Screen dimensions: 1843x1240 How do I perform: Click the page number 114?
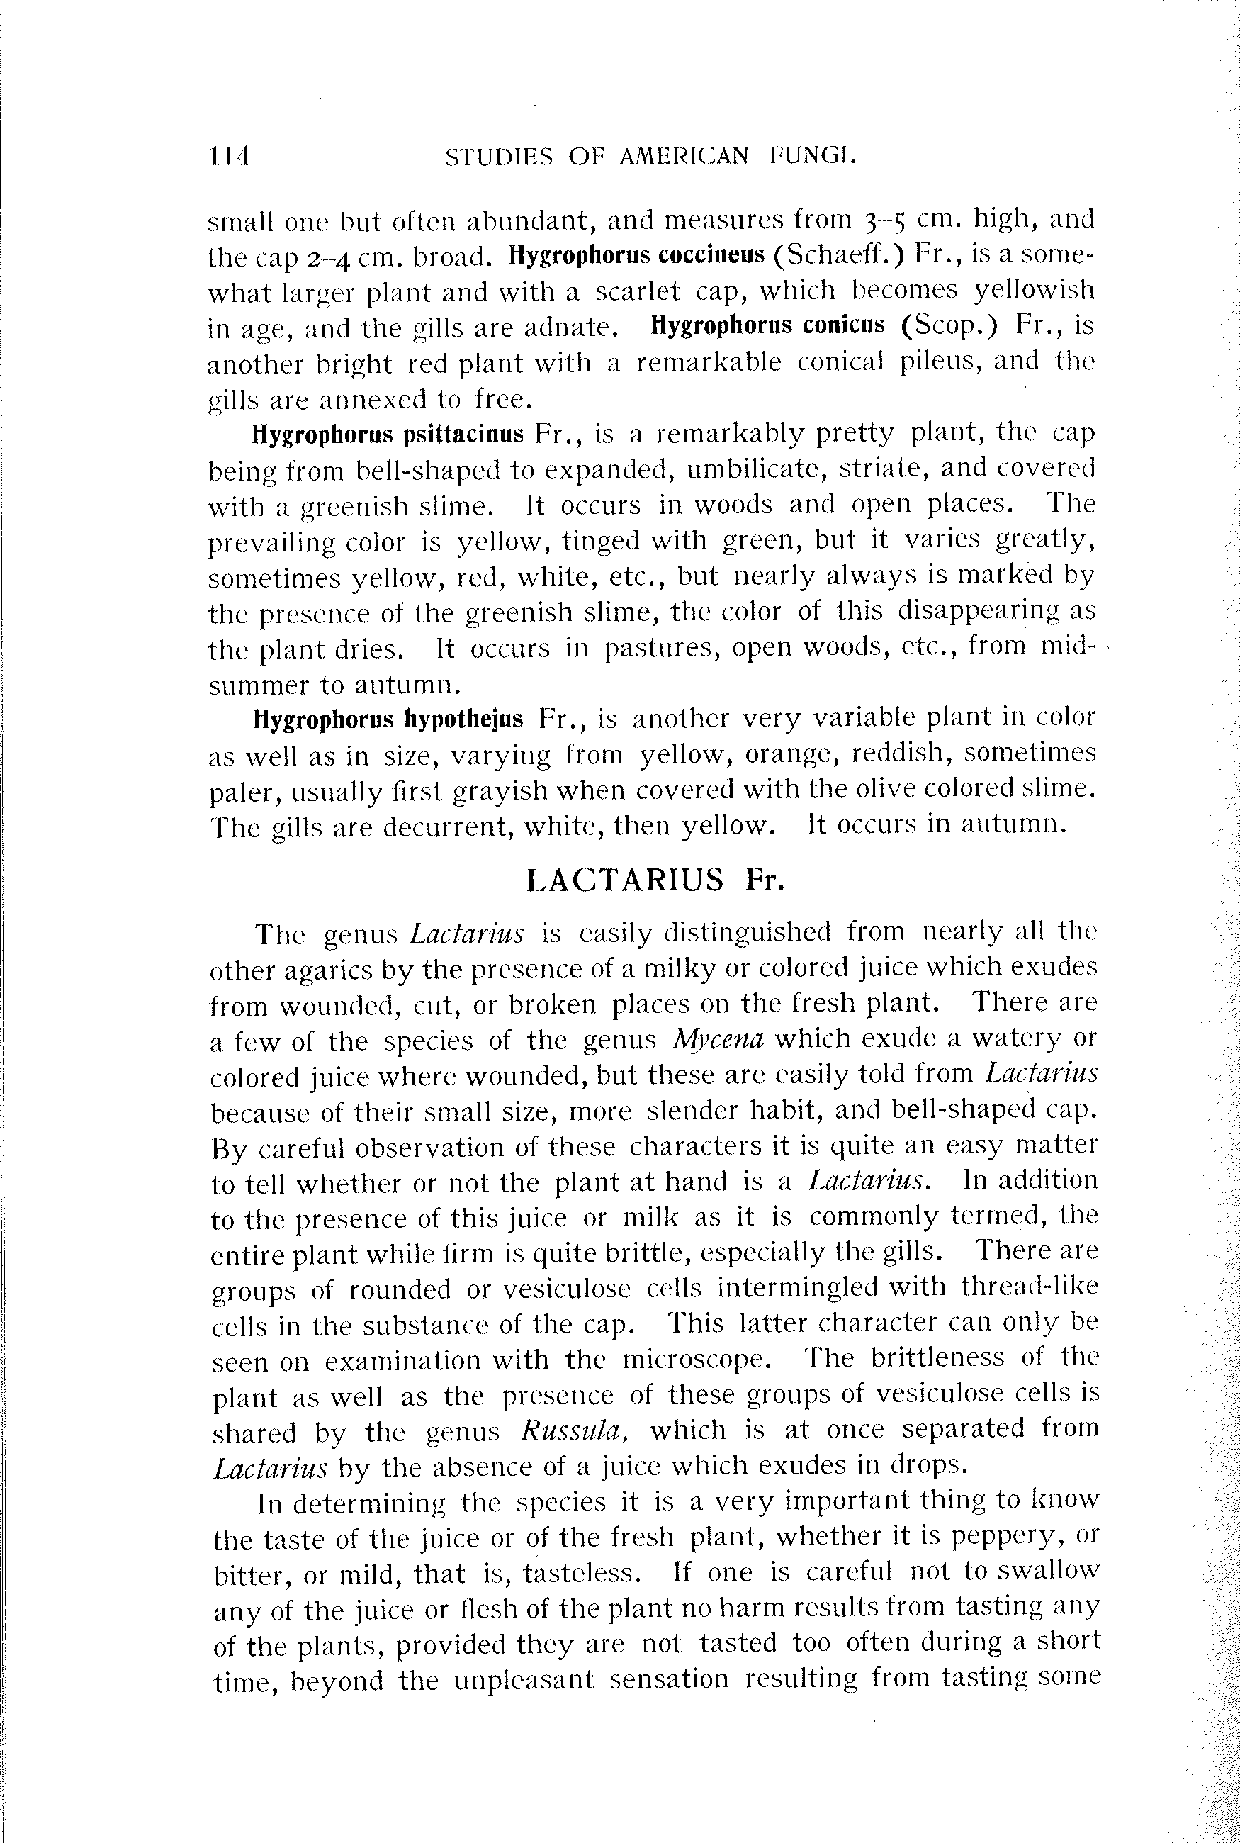230,157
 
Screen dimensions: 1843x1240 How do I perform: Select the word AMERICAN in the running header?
683,157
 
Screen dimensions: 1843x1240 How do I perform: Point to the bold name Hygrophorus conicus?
767,326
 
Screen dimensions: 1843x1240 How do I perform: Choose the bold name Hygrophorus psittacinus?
388,435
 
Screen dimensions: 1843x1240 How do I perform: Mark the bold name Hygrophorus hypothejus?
388,719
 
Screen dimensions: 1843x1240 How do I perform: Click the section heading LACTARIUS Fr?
655,880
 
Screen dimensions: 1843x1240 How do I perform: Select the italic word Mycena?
717,1038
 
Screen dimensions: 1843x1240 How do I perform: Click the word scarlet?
638,291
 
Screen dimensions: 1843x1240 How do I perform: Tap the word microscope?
696,1360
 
